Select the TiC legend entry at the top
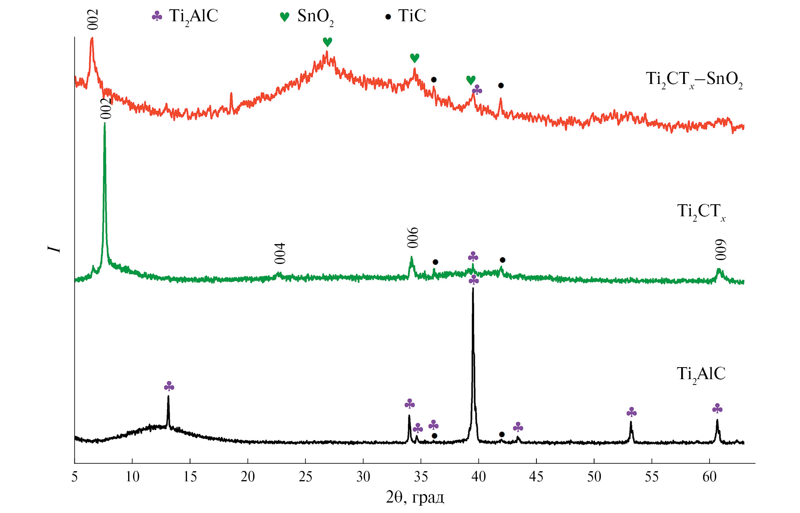point(406,16)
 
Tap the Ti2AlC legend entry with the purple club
point(185,17)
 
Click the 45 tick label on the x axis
point(536,476)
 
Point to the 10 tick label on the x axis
point(132,476)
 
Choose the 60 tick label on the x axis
point(709,476)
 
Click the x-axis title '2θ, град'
point(415,497)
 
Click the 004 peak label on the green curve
point(280,253)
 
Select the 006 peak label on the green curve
point(413,238)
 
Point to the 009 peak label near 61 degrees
point(721,250)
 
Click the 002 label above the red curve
point(93,19)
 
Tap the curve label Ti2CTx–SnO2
point(694,79)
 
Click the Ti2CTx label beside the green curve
point(701,212)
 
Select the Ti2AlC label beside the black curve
point(701,374)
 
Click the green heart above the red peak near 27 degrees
point(327,42)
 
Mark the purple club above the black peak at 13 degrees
point(169,386)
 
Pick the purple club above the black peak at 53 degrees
point(631,412)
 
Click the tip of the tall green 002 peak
point(104,123)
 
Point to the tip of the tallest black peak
point(473,289)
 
